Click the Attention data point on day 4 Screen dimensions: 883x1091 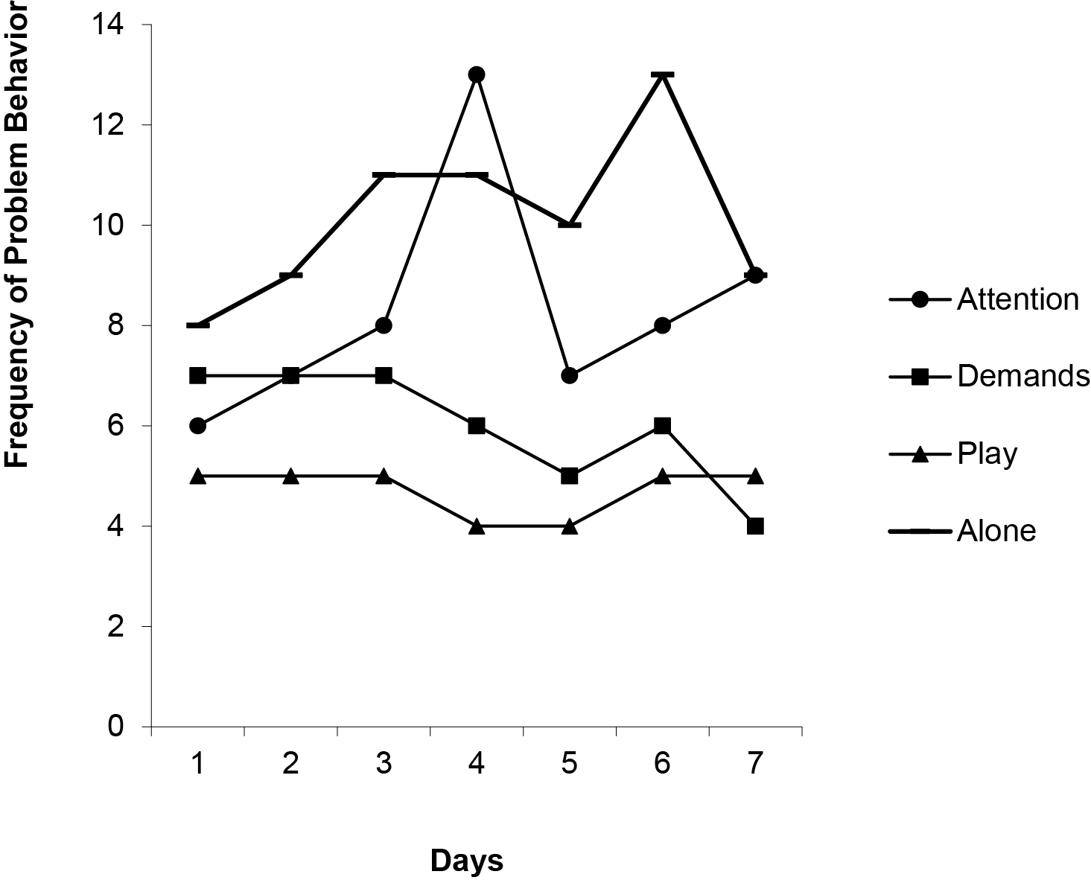coord(477,74)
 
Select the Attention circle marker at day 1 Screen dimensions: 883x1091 coord(197,426)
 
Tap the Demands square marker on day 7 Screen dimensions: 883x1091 coord(755,526)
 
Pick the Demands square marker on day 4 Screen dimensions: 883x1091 coord(477,426)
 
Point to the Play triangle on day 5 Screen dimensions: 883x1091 coord(570,526)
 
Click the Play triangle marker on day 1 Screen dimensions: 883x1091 coord(197,476)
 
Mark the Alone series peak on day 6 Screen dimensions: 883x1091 coord(663,74)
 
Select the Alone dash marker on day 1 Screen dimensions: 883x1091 coord(197,325)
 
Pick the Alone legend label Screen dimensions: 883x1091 coord(996,531)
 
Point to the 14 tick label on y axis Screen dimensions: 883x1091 coord(107,25)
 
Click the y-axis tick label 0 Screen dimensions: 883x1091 coord(115,726)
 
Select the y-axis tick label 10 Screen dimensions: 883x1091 coord(107,225)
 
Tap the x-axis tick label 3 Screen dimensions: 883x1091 coord(384,765)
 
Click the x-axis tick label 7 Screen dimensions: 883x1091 coord(755,765)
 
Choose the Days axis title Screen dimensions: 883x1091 coord(467,861)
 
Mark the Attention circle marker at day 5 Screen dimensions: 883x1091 coord(570,375)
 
